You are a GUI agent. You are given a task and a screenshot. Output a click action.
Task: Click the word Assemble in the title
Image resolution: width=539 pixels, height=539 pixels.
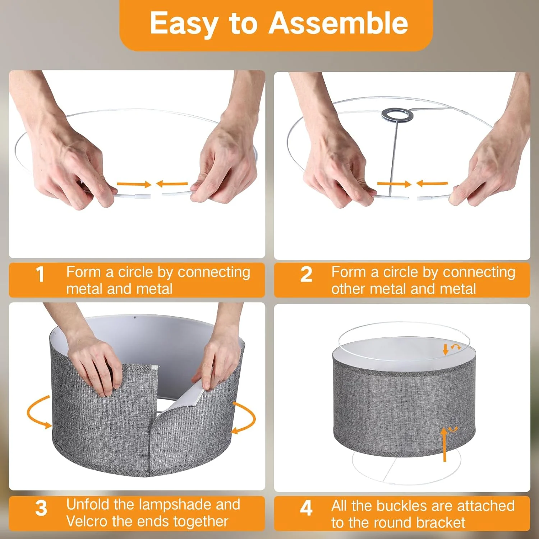[338, 23]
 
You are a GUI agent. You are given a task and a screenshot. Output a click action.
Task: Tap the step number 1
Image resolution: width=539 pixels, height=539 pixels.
[40, 275]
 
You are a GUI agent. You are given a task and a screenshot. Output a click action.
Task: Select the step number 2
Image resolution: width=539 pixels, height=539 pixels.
[306, 275]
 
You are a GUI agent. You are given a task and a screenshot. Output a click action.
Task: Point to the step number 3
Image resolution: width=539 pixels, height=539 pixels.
[41, 508]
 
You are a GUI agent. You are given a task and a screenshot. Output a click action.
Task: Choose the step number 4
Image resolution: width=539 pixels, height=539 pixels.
[306, 508]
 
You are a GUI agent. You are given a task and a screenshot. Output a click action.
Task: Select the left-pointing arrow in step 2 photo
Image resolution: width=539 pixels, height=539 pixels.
[432, 184]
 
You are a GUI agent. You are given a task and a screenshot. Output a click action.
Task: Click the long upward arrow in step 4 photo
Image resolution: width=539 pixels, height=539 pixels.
[444, 444]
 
